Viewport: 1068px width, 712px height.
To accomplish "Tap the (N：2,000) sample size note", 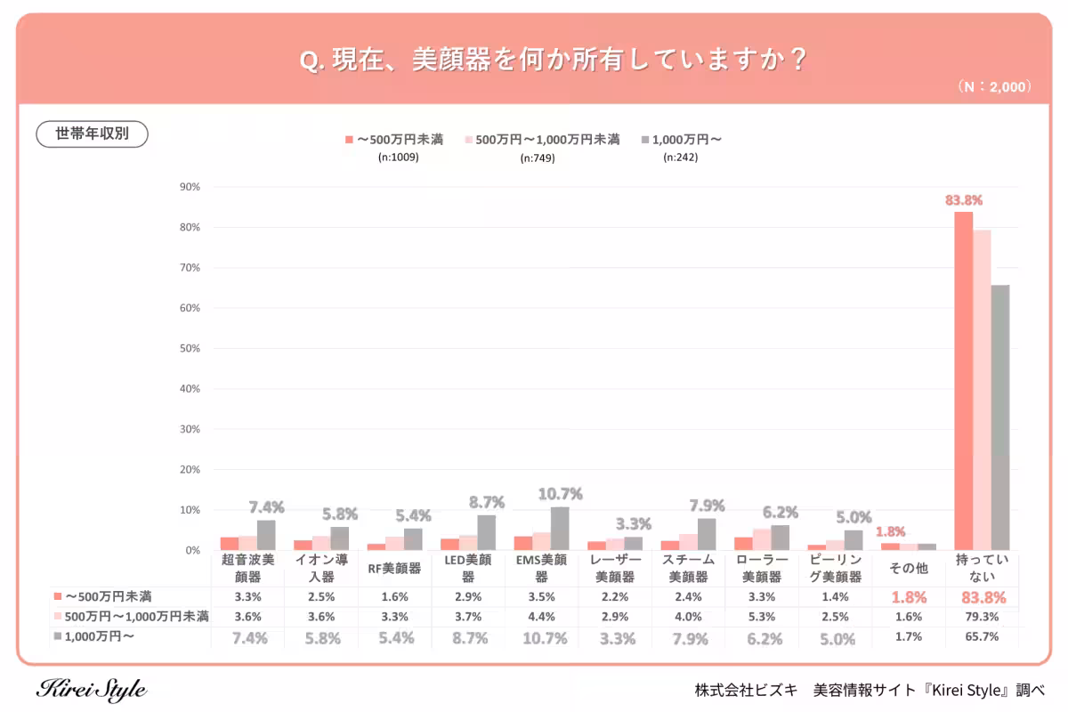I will click(x=995, y=87).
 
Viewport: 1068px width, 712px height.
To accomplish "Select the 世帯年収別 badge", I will click(x=92, y=133).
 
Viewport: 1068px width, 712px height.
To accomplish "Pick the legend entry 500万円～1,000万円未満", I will click(x=540, y=140).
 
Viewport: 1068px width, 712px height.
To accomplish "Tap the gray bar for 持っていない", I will click(x=1000, y=417).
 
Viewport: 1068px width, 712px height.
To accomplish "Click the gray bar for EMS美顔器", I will click(x=560, y=529).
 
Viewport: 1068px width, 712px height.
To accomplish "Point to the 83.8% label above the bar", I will click(x=963, y=200).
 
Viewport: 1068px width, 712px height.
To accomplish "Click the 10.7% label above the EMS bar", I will click(x=560, y=494).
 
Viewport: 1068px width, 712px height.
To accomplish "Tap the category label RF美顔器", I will click(x=394, y=568).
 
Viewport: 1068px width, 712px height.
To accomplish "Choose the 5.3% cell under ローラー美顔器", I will click(x=761, y=617).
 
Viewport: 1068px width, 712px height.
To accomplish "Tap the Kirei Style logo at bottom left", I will click(x=92, y=689).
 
